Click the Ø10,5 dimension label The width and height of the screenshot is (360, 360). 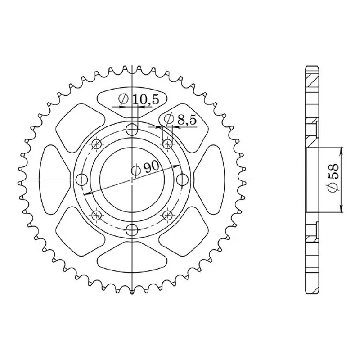(x=139, y=100)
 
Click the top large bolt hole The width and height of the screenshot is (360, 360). (x=132, y=129)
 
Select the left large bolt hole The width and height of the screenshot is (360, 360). (x=81, y=180)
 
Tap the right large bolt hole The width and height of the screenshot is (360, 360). (x=183, y=180)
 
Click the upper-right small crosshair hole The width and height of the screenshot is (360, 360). (x=167, y=144)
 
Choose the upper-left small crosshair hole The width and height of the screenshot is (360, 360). (x=96, y=144)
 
